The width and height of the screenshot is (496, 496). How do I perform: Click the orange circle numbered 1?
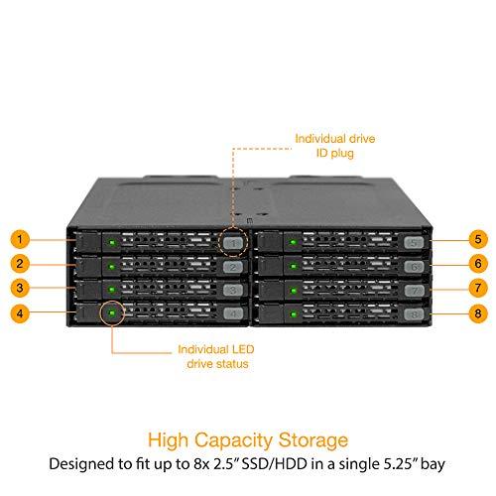coord(20,239)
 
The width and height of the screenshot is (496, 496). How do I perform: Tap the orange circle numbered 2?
coord(20,264)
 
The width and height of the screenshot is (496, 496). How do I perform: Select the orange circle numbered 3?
coord(20,288)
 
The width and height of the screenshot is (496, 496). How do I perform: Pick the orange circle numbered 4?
coord(20,313)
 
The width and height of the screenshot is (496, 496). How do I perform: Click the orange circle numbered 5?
coord(478,239)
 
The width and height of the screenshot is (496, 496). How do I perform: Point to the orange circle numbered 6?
coord(478,264)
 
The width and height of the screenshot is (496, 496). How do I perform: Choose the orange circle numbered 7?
coord(478,288)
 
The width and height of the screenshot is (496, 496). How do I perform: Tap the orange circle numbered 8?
coord(478,313)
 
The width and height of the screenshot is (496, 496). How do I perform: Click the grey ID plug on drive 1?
coord(233,243)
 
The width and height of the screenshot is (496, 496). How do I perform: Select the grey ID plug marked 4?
coord(233,313)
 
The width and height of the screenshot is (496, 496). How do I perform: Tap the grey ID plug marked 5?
coord(414,243)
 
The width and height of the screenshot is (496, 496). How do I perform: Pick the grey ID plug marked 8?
coord(414,314)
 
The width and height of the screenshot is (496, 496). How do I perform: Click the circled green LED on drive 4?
coord(112,312)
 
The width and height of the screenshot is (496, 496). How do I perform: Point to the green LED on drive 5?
coord(293,242)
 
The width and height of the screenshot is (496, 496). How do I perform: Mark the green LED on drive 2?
coord(112,266)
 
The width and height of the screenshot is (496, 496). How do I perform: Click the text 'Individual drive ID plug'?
coord(335,146)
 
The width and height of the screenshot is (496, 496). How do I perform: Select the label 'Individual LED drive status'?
coord(216,356)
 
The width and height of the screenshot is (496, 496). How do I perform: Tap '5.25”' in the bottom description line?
coord(401,464)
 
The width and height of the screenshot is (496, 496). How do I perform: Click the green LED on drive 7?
coord(293,291)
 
